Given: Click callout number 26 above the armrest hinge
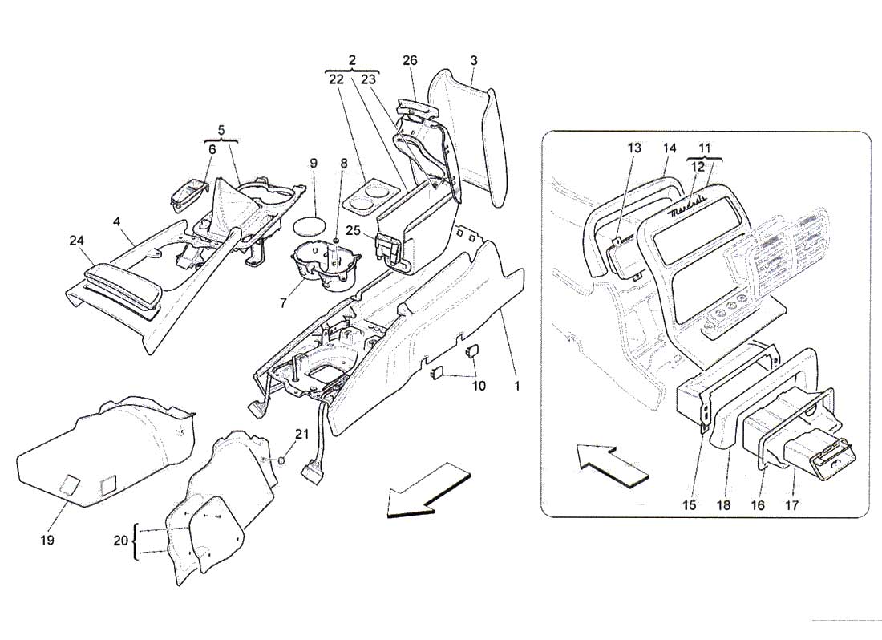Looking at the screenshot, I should coord(410,61).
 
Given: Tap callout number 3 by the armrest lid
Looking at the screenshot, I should coord(474,61).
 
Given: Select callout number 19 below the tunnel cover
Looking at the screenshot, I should coord(47,541).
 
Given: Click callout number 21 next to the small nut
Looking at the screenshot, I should coord(301,434).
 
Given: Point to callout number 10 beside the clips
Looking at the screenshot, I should coord(479,386).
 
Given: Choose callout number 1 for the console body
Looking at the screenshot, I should coord(517,386).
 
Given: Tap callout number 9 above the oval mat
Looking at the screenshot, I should coord(314,163).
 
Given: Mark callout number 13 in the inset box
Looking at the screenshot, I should coord(634,148).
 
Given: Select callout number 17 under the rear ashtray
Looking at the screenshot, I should coord(794,506).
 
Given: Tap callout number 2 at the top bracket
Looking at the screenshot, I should coord(352,61).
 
